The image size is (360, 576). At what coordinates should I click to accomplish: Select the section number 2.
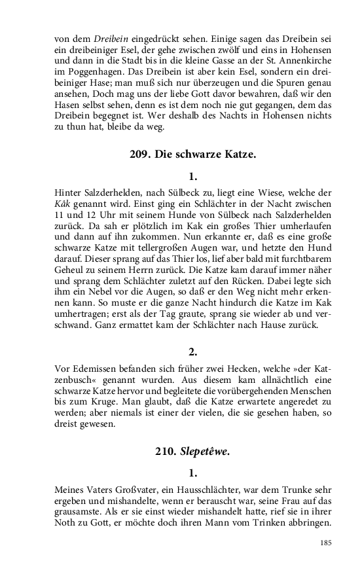tap(192, 352)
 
